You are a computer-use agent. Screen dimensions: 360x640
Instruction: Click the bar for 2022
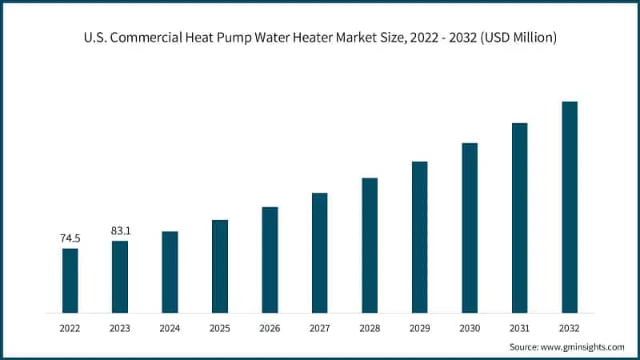pos(70,280)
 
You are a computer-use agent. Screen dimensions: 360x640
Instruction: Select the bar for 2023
pos(120,276)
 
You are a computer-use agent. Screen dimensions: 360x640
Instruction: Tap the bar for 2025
pos(220,266)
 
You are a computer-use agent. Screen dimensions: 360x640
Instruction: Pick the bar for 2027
pos(320,252)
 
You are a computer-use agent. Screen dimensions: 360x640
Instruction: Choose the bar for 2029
pos(419,237)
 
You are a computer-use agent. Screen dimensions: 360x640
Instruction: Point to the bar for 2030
pos(470,227)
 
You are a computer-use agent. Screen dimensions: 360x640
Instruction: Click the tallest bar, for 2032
pos(569,206)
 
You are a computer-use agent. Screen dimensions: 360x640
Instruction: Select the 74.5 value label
pos(70,238)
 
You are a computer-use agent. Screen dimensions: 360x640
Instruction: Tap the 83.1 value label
pos(120,231)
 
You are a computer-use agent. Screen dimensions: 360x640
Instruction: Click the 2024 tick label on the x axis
pos(170,328)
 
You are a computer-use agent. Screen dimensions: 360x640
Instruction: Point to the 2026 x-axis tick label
pos(270,328)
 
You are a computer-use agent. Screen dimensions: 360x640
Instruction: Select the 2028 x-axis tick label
pos(370,328)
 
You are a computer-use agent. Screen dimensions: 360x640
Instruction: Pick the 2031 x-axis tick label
pos(519,328)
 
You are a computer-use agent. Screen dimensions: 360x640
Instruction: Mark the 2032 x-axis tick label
pos(569,328)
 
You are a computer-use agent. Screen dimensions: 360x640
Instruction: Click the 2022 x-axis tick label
pos(70,328)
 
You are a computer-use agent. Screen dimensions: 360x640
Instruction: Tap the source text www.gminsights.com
pos(583,347)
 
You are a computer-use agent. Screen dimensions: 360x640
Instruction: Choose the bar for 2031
pos(519,218)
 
